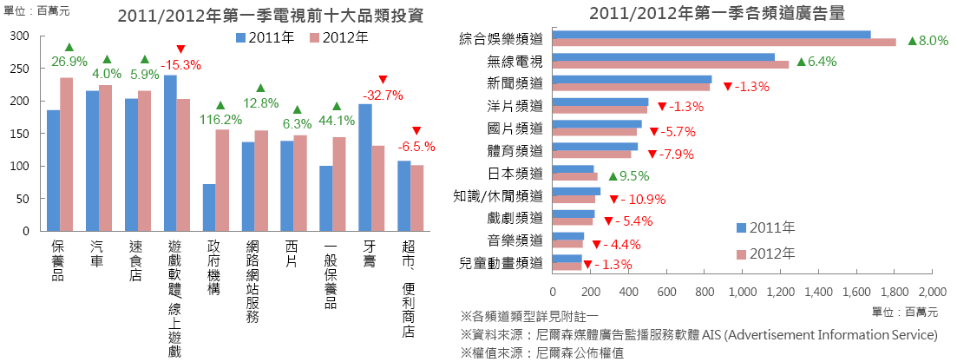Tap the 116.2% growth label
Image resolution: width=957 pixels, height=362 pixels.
tap(220, 119)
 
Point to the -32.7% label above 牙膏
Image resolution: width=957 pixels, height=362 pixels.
tap(383, 95)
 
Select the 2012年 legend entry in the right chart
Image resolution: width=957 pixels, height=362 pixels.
tap(766, 253)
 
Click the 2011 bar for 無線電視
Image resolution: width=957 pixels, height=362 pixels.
tap(663, 57)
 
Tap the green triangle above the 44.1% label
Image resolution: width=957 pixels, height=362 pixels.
tap(337, 107)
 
